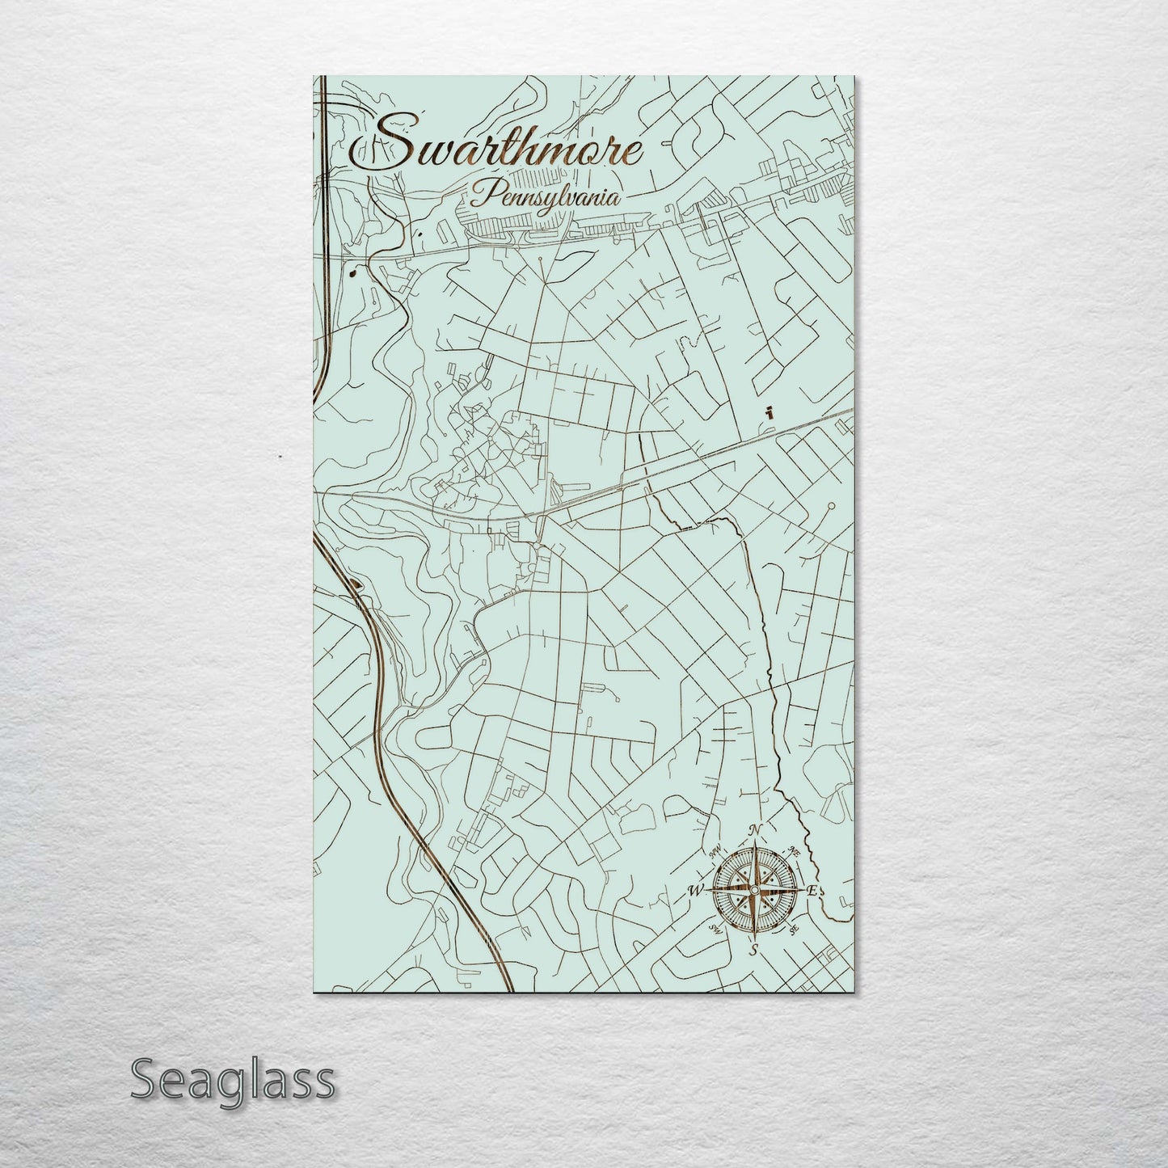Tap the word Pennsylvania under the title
point(545,196)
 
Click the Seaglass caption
point(231,1079)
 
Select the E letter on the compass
point(813,891)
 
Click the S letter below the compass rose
point(753,949)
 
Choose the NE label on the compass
point(794,851)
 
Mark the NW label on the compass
point(715,850)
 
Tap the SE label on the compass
point(794,930)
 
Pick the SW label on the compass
point(714,930)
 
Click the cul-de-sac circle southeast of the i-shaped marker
point(831,508)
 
